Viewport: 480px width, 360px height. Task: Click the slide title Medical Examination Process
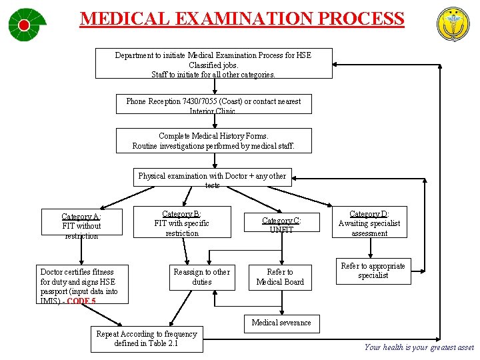point(242,18)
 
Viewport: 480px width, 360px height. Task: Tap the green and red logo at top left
point(27,25)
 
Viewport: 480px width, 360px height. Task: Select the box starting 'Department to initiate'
point(213,64)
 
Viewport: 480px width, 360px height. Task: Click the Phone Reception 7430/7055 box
point(213,104)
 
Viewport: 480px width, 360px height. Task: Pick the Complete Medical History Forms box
point(213,141)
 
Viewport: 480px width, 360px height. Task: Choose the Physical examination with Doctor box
point(212,178)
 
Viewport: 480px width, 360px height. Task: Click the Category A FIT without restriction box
point(81,225)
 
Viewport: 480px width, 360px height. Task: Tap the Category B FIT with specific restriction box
point(181,223)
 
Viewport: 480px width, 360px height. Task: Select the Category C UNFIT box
point(281,225)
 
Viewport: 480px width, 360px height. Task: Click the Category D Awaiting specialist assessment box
point(369,223)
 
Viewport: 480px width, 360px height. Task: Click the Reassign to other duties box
point(201,277)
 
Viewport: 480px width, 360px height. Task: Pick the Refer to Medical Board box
point(280,277)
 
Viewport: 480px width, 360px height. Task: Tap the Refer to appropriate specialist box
point(373,271)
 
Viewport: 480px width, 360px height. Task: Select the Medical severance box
point(281,323)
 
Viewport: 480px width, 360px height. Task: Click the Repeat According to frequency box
point(147,339)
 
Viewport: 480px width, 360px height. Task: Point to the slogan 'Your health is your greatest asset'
point(419,347)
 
